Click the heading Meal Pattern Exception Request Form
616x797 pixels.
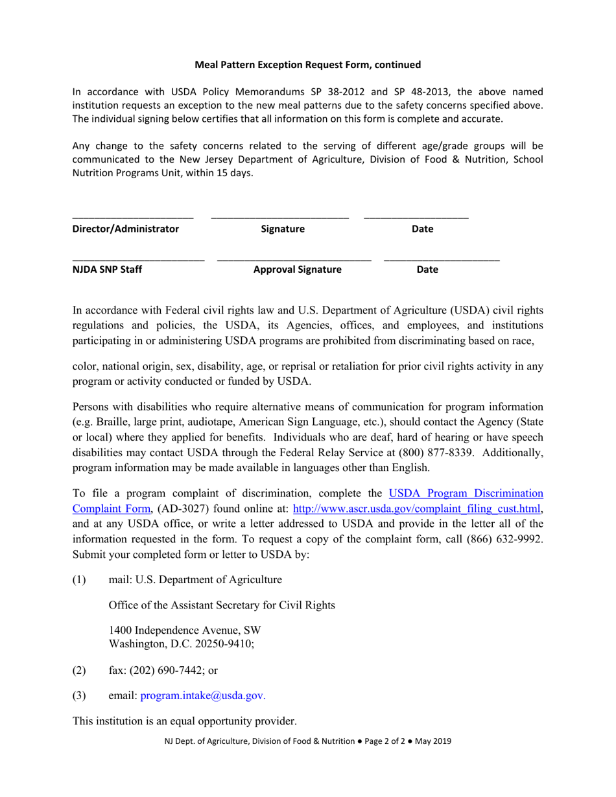(308, 65)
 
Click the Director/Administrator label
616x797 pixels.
(125, 229)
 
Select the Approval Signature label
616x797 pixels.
(297, 270)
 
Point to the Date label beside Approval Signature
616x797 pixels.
(427, 270)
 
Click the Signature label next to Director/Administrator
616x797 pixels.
(282, 229)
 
